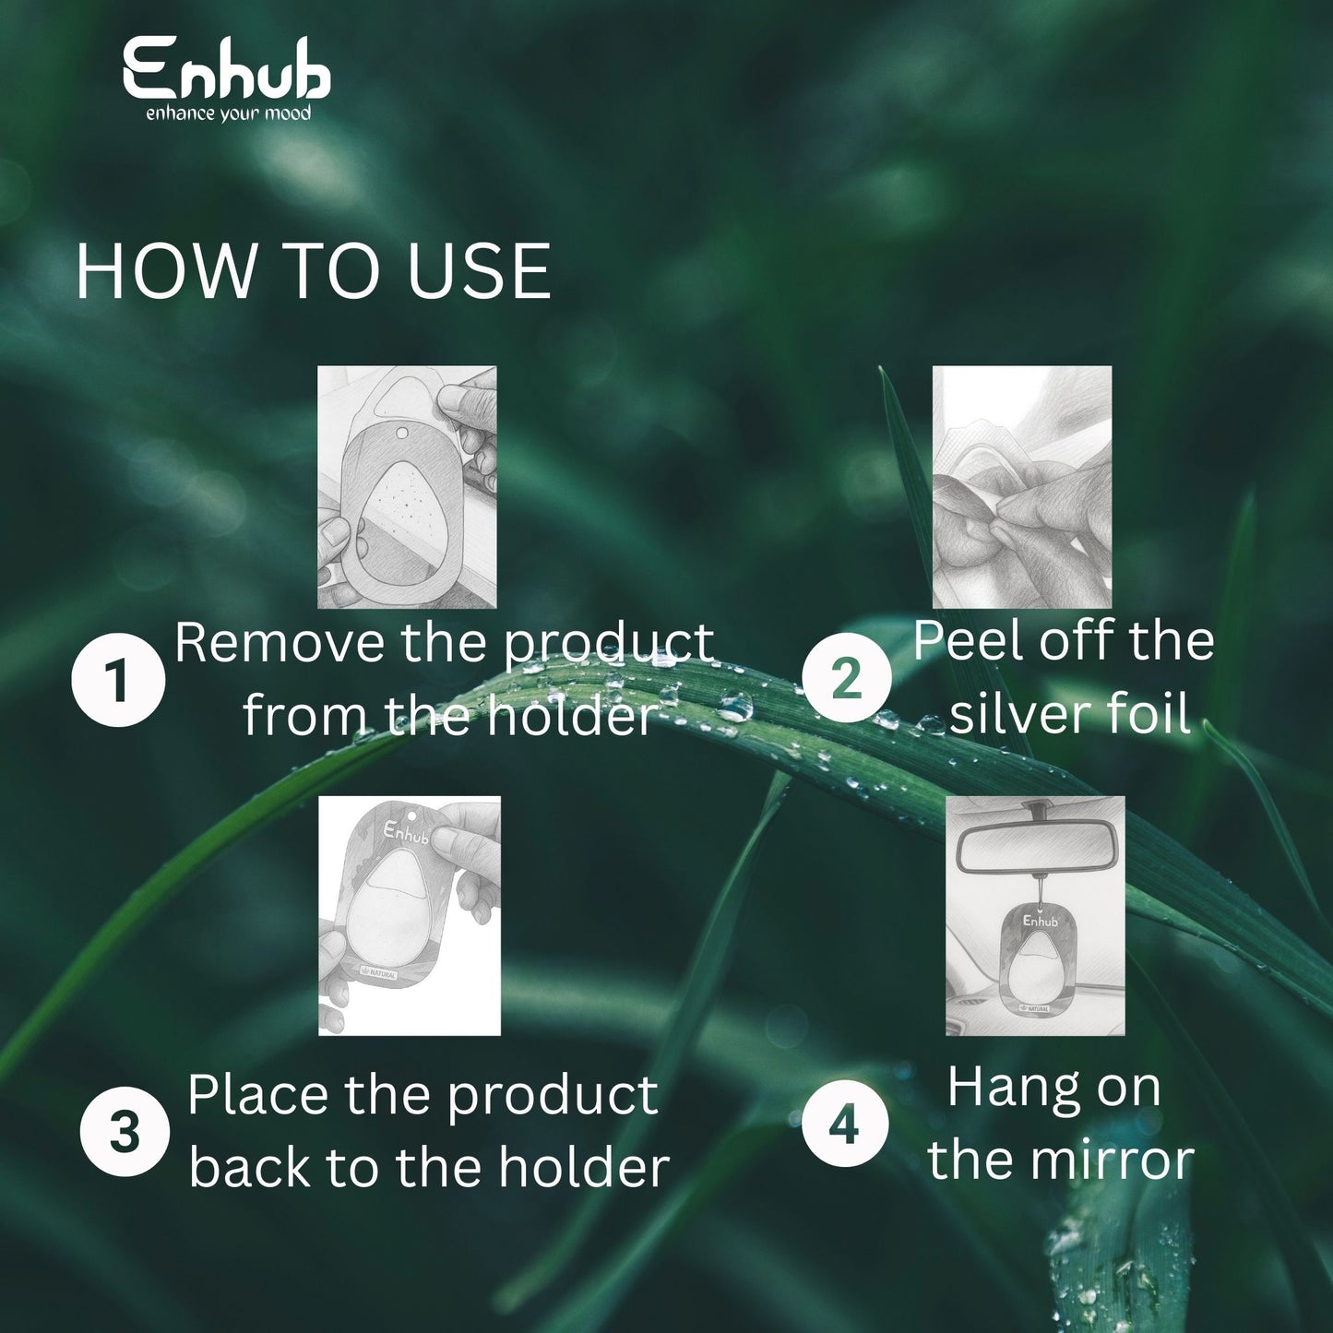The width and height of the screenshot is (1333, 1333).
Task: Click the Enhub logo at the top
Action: point(227,77)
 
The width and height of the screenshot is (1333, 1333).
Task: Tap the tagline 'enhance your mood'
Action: point(228,113)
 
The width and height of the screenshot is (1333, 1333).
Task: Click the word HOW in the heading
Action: point(166,272)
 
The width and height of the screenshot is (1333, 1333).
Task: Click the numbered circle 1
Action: point(118,679)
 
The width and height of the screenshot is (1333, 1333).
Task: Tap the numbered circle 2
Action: point(848,677)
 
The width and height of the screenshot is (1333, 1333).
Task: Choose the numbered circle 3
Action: point(125,1133)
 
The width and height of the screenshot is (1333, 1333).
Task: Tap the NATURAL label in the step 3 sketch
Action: point(379,972)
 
